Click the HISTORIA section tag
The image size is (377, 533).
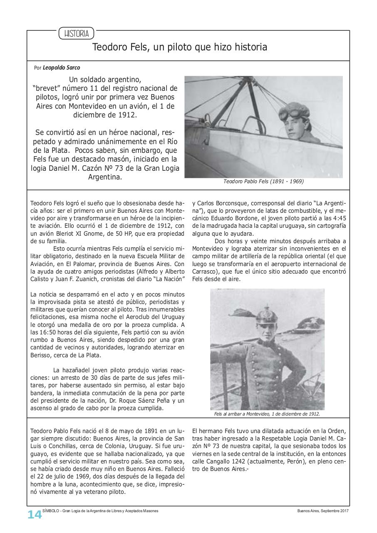coord(76,34)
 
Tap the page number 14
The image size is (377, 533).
coord(35,515)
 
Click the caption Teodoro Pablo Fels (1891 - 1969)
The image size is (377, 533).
coord(263,182)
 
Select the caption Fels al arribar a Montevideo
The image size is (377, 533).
coord(266,414)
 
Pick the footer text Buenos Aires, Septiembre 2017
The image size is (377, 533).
coord(323,511)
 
